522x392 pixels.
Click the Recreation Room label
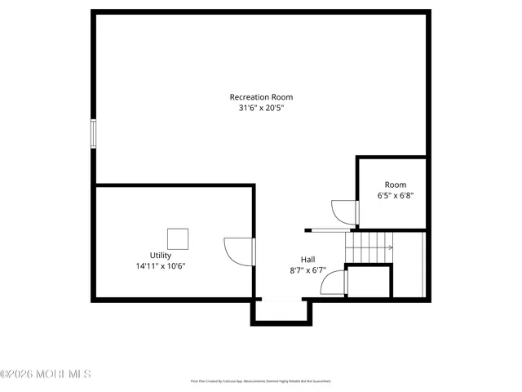pyautogui.click(x=261, y=97)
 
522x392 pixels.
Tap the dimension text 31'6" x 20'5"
pyautogui.click(x=261, y=108)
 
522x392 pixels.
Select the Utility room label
pyautogui.click(x=160, y=256)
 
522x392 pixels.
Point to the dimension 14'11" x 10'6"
pyautogui.click(x=161, y=266)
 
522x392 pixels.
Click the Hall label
pyautogui.click(x=307, y=259)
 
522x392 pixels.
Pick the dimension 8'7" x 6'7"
pyautogui.click(x=307, y=269)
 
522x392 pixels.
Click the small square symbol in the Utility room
pyautogui.click(x=178, y=238)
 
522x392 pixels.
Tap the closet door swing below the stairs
pyautogui.click(x=334, y=283)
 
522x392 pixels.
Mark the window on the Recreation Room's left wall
pyautogui.click(x=93, y=134)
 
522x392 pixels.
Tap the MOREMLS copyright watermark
pyautogui.click(x=46, y=375)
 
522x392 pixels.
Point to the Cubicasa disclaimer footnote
pyautogui.click(x=261, y=381)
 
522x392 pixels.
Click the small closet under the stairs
pyautogui.click(x=369, y=282)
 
